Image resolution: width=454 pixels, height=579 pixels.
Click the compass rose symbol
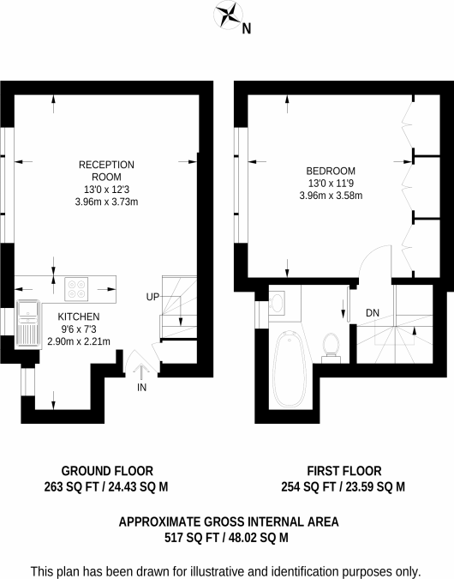pos(229,15)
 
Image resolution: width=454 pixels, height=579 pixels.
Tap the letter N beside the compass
pos(247,29)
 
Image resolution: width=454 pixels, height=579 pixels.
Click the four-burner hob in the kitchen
pos(76,289)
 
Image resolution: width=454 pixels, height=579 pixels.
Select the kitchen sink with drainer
pos(27,323)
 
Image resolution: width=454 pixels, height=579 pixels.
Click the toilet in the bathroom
pos(331,348)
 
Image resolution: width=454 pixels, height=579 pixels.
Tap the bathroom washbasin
pos(277,303)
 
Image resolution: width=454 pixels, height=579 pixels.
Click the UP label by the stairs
pos(152,297)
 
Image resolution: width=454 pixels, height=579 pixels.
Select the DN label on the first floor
pos(373,313)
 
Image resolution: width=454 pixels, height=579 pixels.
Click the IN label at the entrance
pos(141,388)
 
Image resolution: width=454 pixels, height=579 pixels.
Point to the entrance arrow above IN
pos(141,371)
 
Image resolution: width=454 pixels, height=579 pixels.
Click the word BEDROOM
pos(331,171)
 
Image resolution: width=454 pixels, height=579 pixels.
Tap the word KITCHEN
pos(79,317)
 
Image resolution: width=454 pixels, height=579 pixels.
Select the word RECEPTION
pos(106,165)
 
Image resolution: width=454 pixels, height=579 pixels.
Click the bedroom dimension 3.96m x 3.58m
pos(331,196)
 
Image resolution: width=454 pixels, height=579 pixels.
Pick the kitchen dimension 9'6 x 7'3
pos(79,329)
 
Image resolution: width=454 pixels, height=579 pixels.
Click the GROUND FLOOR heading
pos(107,471)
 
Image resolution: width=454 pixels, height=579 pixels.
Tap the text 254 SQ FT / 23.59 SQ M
pos(343,487)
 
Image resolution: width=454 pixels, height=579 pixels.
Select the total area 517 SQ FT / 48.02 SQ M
pos(226,538)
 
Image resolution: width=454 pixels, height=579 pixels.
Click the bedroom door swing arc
pos(371,256)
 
